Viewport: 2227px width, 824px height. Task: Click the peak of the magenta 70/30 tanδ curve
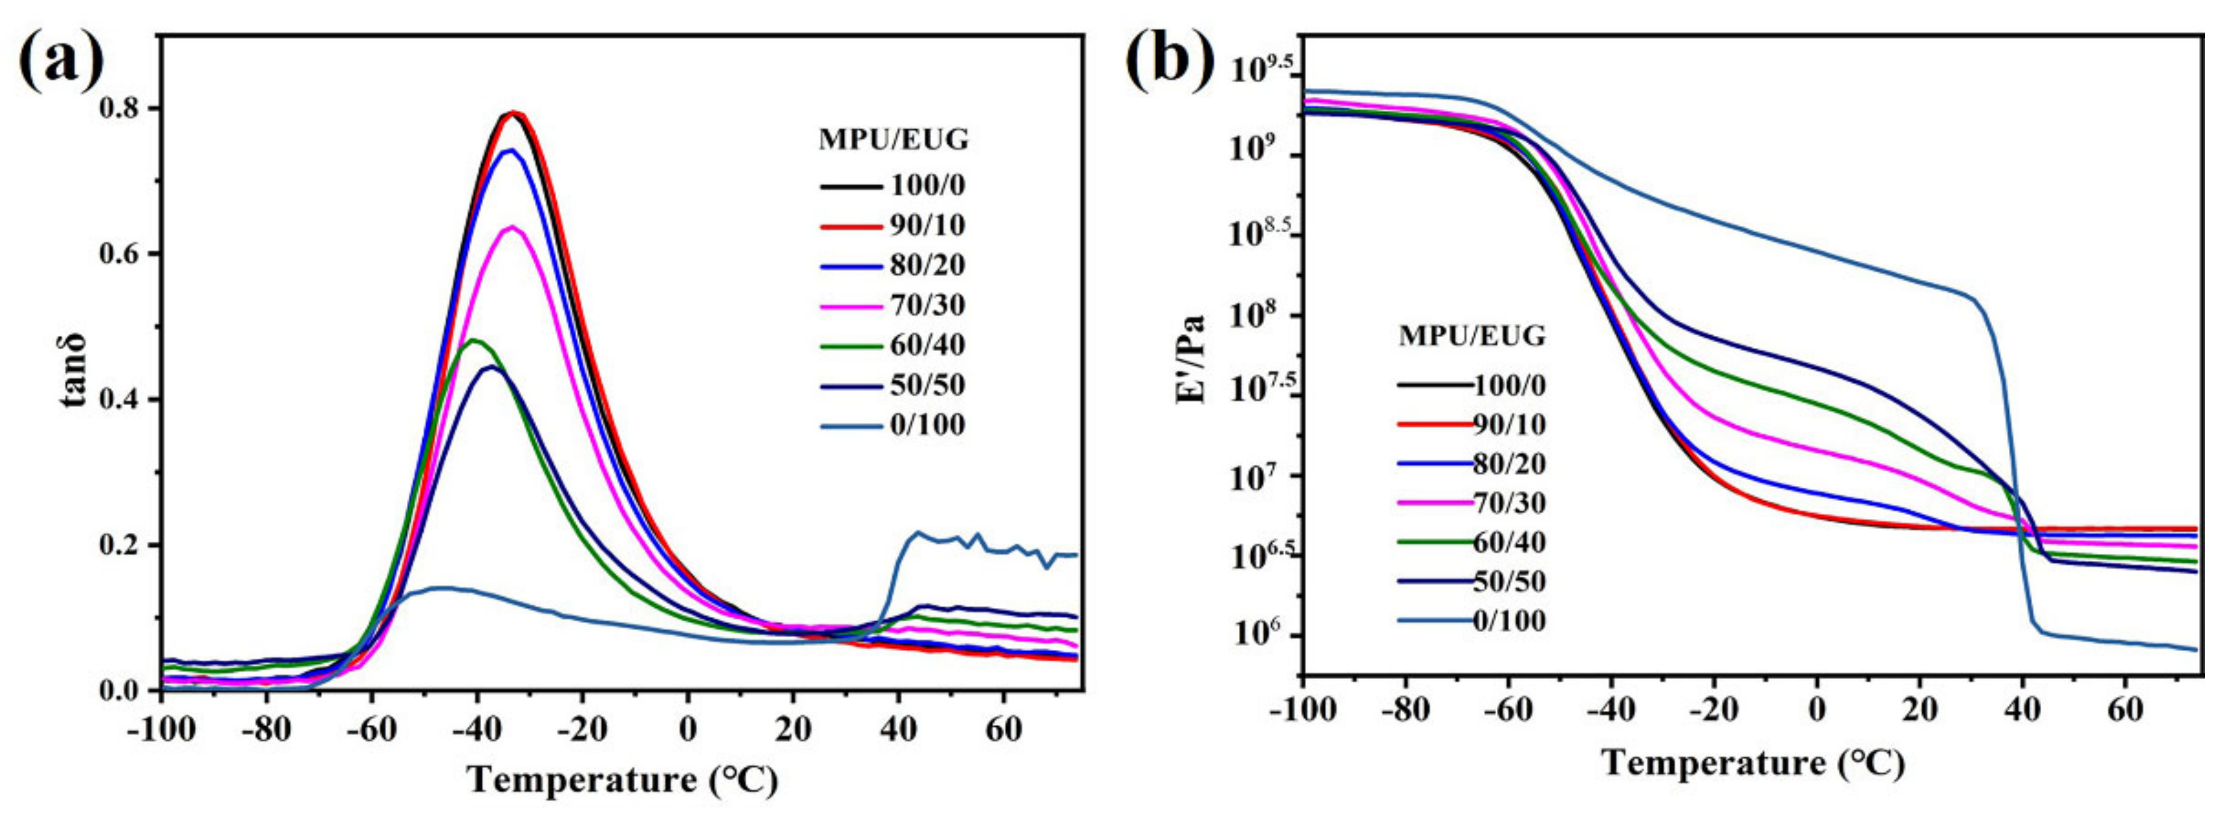coord(513,227)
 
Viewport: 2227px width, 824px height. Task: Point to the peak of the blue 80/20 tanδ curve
coord(511,149)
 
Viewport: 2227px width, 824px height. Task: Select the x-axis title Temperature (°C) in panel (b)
coord(1753,764)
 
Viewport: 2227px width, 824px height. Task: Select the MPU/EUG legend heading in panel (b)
coord(1472,335)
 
